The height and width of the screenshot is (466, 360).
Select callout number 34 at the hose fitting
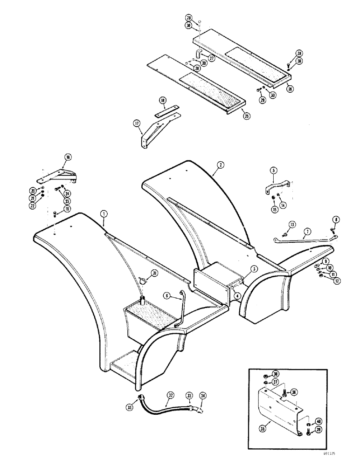point(202,396)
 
